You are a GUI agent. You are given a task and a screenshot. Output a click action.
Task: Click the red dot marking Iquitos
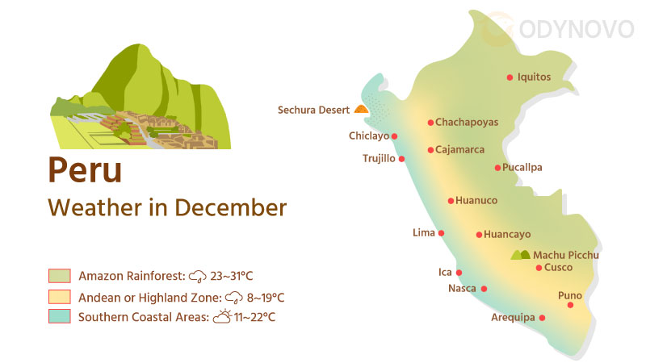[510, 77]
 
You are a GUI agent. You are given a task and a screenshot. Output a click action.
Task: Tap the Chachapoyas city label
[467, 123]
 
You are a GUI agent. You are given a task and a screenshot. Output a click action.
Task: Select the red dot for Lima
[441, 233]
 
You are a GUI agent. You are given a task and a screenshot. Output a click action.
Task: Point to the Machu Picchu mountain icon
[521, 255]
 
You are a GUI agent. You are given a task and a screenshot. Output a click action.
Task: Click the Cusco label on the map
[559, 268]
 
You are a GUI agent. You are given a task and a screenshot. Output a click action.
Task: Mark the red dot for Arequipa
[542, 318]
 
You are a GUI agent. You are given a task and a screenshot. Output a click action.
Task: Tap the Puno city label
[570, 295]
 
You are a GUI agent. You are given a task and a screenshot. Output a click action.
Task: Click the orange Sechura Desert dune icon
[361, 109]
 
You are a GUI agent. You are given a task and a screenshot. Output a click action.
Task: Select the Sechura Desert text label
[313, 110]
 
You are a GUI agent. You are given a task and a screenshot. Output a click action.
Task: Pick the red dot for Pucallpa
[497, 168]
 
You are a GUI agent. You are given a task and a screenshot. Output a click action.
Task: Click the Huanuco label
[476, 201]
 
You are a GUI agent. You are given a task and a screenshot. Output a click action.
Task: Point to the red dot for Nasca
[484, 288]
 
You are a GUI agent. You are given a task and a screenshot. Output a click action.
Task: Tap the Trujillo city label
[379, 158]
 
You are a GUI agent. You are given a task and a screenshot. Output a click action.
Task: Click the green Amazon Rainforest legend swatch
[60, 276]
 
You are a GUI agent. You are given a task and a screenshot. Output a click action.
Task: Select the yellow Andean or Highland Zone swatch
[60, 296]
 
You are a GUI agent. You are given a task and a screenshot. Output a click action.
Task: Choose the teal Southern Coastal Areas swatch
[60, 316]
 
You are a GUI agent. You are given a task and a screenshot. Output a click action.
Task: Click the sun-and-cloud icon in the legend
[222, 316]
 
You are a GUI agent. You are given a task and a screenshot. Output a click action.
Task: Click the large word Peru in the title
[85, 170]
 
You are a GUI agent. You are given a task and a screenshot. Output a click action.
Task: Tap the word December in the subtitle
[231, 208]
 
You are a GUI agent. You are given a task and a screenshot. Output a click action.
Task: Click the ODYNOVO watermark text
[578, 30]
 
